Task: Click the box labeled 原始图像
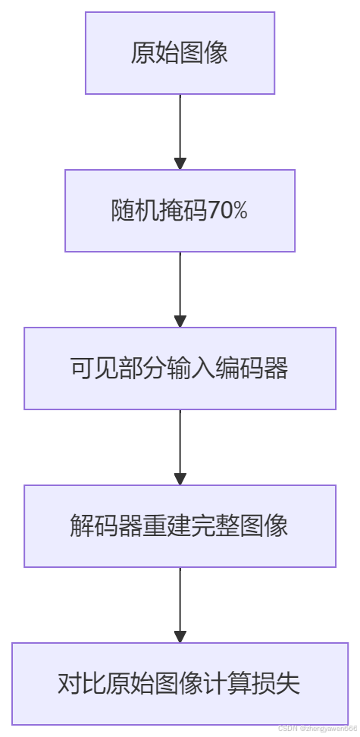point(180,53)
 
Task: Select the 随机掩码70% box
point(180,211)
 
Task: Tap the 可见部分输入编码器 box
point(180,368)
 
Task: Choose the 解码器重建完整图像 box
point(180,526)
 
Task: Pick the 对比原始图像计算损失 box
point(180,684)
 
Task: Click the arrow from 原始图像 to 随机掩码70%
point(180,132)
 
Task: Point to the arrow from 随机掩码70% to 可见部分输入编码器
point(180,290)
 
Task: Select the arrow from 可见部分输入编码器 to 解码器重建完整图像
point(180,447)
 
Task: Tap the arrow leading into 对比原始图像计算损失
point(180,605)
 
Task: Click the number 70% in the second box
point(227,211)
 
